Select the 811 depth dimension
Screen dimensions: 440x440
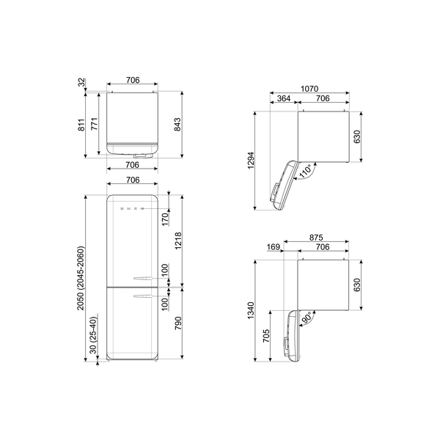pyautogui.click(x=81, y=125)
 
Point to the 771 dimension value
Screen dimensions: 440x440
pyautogui.click(x=95, y=125)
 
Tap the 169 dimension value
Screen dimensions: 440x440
pyautogui.click(x=274, y=248)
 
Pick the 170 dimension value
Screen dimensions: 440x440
pyautogui.click(x=166, y=219)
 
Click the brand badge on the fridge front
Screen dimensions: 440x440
pyautogui.click(x=132, y=209)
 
